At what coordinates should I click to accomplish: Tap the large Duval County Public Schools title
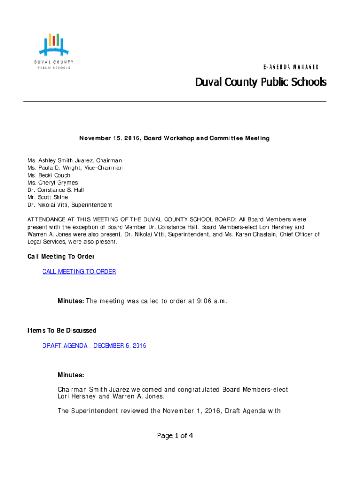260,83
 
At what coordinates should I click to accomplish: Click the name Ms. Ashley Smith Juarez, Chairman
74,160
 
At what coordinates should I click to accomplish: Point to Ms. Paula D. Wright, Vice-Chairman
75,168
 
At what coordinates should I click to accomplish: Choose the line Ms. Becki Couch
49,175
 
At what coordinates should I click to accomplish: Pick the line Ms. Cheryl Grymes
52,183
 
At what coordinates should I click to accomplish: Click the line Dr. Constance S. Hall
56,190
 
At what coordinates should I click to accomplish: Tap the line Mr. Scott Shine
47,197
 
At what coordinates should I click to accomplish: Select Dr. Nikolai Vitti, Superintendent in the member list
70,205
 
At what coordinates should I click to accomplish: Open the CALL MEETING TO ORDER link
79,271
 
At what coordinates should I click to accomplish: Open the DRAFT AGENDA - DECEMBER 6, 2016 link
94,346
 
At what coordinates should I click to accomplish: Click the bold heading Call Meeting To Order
61,257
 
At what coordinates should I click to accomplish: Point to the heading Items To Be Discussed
62,331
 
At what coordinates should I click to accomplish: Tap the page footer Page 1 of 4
175,436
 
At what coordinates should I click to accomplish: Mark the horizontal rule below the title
175,101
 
